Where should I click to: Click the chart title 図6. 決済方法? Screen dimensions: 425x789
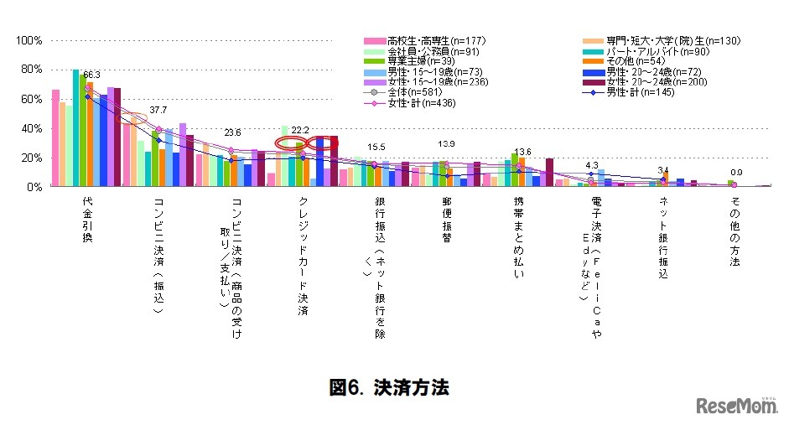(389, 387)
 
